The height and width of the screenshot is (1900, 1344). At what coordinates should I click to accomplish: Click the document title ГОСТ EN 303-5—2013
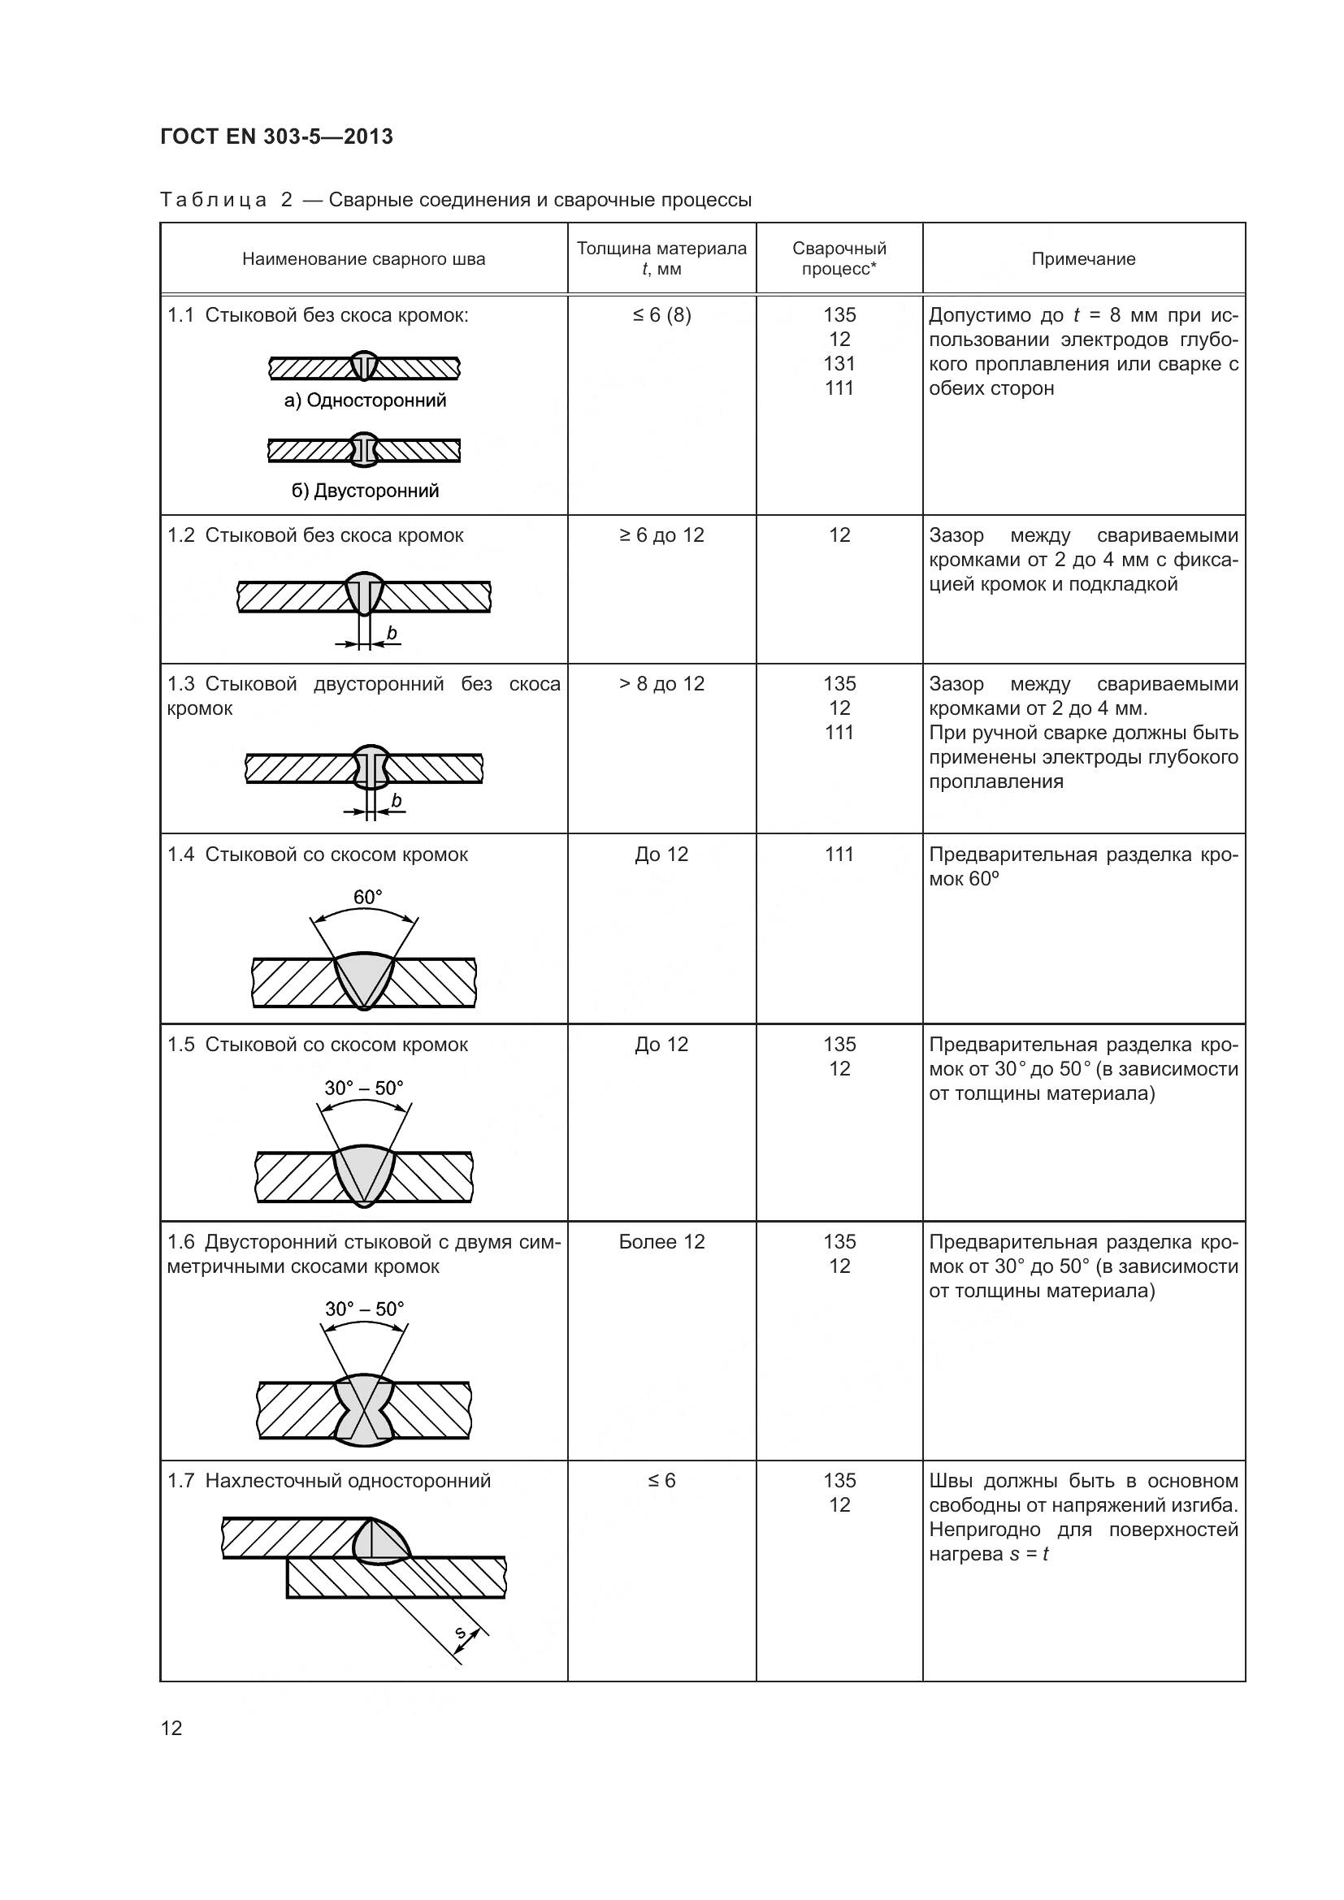[276, 136]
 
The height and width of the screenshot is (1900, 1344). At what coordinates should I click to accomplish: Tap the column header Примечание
[1083, 259]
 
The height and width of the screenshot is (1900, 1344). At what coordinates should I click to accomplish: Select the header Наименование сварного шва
[363, 259]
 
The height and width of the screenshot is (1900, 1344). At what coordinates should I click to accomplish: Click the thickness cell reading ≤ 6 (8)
[661, 315]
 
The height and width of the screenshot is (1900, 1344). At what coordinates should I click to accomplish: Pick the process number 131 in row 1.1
[839, 363]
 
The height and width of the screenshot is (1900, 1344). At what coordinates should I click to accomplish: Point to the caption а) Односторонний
[365, 400]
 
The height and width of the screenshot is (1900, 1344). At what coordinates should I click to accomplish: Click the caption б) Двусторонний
[365, 491]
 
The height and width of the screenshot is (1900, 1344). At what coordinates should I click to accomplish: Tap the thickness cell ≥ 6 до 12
[661, 535]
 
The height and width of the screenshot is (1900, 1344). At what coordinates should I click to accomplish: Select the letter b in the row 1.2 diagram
[392, 634]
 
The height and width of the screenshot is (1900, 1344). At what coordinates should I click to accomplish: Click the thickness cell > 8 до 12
[661, 683]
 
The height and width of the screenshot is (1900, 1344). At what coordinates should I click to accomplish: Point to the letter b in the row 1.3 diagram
[397, 800]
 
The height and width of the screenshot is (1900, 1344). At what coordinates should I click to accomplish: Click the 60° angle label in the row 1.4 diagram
[367, 897]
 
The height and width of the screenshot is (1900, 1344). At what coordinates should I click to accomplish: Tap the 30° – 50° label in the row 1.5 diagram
[364, 1088]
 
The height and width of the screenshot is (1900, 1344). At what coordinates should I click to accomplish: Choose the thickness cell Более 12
[661, 1241]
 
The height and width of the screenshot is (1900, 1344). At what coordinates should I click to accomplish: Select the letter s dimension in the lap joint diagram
[462, 1633]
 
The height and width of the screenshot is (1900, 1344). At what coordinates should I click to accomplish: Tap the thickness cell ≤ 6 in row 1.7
[661, 1481]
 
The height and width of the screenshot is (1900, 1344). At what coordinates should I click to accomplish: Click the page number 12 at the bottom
[171, 1728]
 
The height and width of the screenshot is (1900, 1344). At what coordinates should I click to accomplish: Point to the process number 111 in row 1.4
[839, 855]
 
